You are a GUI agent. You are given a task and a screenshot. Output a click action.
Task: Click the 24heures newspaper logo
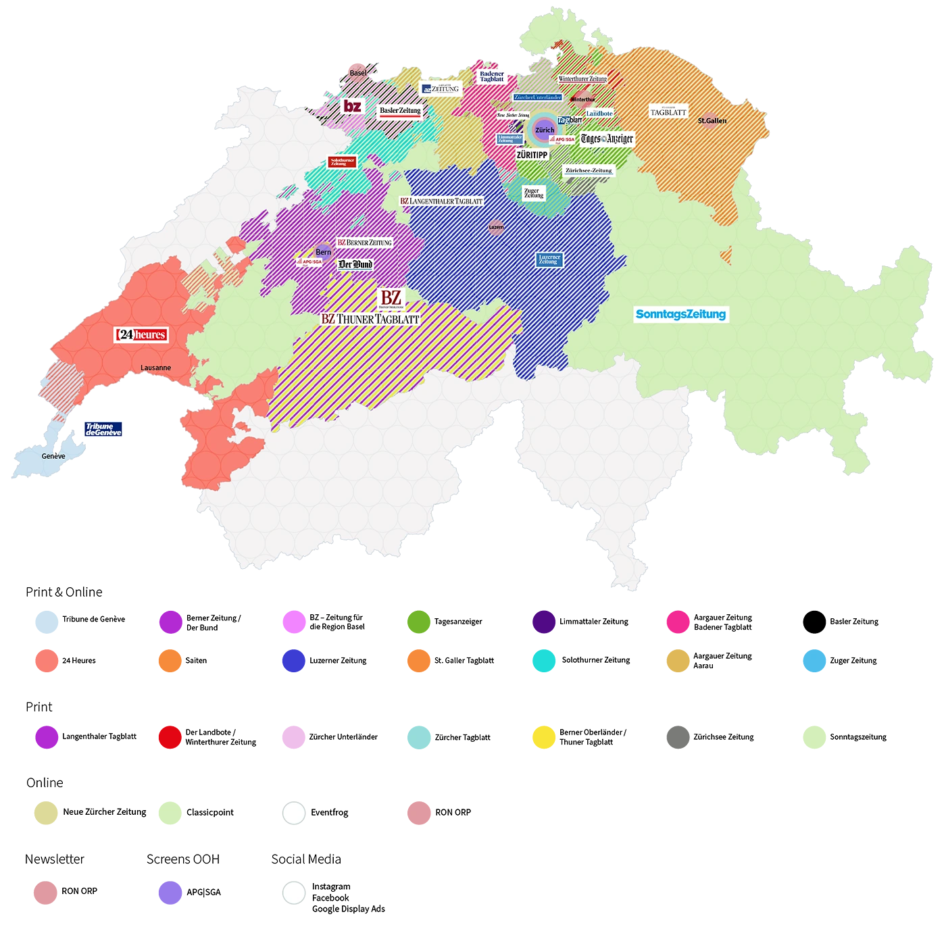pos(141,334)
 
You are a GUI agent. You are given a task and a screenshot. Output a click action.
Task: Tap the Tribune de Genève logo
pos(103,429)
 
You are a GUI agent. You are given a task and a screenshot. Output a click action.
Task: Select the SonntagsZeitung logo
pos(680,314)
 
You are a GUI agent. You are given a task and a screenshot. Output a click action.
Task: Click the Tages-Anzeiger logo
pos(607,139)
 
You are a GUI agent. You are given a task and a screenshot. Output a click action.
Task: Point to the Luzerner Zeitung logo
pos(549,259)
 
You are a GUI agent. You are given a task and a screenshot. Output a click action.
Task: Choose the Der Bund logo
pos(355,264)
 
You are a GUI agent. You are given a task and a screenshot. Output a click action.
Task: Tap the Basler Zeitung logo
pos(400,111)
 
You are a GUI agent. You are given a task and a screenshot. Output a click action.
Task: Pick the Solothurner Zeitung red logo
pos(342,162)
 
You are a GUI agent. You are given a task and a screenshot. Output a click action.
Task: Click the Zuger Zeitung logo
pos(533,193)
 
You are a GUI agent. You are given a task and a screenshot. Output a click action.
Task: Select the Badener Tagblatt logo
pos(491,77)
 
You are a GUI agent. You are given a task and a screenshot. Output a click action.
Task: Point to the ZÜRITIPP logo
pos(532,155)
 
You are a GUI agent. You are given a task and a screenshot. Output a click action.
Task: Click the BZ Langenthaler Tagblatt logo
pos(441,201)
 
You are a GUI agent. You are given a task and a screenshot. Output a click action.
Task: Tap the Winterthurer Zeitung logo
pos(582,79)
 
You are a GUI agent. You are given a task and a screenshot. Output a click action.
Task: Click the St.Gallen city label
pos(712,121)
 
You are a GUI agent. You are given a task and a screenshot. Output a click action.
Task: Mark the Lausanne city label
pos(155,368)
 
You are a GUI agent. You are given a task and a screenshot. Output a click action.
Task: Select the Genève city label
pos(53,456)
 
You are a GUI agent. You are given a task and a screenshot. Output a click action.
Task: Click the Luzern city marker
pos(496,227)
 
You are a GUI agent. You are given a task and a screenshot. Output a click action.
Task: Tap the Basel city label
pos(357,73)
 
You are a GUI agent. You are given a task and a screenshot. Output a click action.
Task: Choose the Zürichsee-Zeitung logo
pos(589,170)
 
